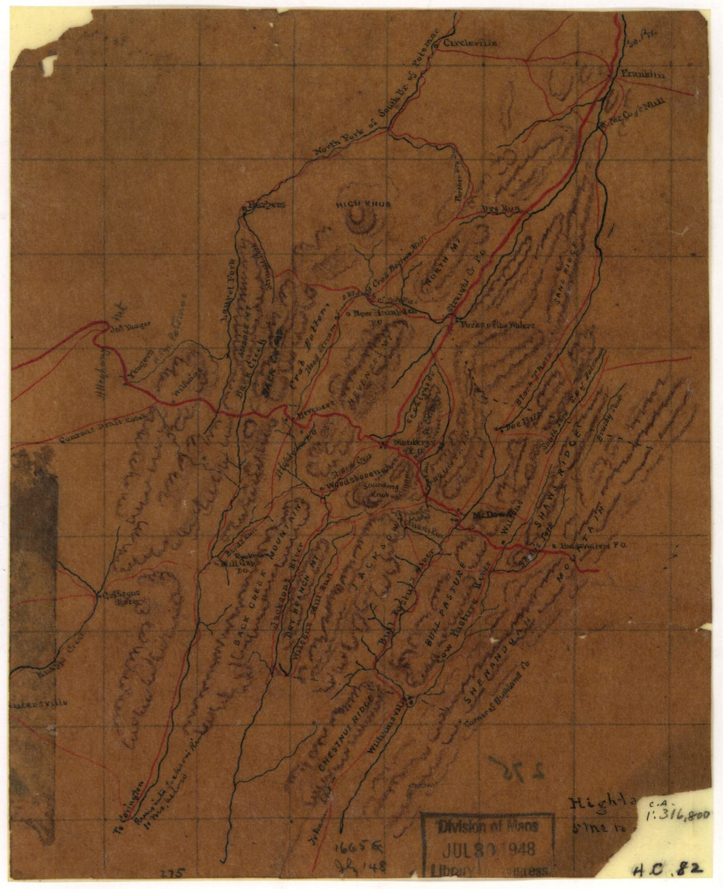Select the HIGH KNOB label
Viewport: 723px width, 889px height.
(363, 205)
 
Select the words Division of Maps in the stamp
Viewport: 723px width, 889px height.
(488, 826)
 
